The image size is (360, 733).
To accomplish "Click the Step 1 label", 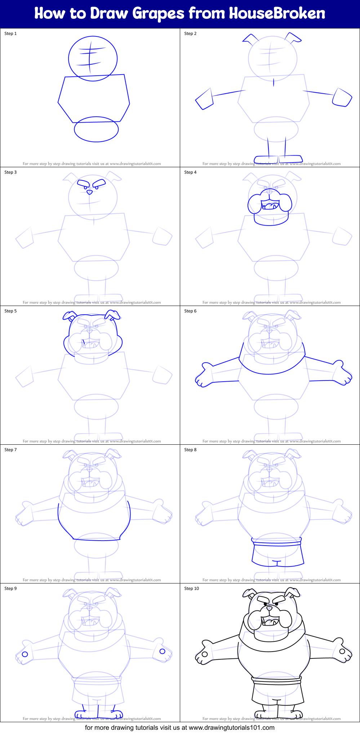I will tap(10, 34).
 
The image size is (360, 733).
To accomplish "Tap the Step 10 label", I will tap(191, 588).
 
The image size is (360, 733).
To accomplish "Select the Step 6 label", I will tap(190, 311).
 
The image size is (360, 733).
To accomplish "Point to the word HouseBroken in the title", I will tap(277, 13).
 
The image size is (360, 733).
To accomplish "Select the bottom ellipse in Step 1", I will tap(96, 129).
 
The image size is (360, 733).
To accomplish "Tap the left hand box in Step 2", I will tap(204, 99).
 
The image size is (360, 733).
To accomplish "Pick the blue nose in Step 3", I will tap(89, 192).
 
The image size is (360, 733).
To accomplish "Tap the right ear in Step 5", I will tap(112, 315).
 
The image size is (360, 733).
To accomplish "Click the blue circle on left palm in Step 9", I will tap(25, 654).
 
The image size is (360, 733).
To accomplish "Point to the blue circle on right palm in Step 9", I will tap(162, 651).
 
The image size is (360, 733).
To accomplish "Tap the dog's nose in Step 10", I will tap(269, 609).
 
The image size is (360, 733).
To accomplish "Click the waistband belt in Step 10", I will tap(276, 680).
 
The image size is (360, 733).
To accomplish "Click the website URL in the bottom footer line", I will tap(231, 728).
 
